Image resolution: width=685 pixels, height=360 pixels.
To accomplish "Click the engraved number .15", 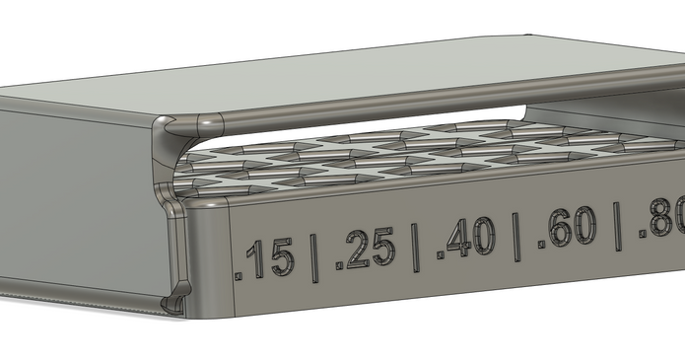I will click(x=268, y=258).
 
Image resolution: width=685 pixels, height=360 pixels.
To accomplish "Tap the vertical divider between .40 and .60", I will click(x=515, y=235).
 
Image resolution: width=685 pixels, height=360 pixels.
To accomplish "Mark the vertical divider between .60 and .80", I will click(x=617, y=225).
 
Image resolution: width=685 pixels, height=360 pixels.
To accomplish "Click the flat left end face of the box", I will click(x=69, y=197).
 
